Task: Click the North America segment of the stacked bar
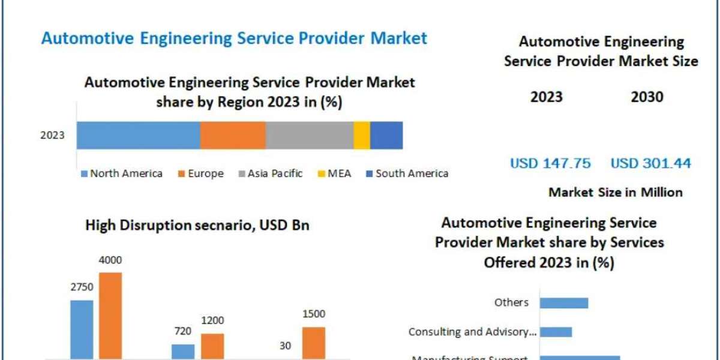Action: pos(139,135)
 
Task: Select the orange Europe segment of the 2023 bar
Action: pos(233,135)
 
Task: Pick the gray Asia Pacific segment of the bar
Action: pos(310,135)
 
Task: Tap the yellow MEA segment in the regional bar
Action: pos(362,135)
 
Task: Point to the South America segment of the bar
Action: pos(386,135)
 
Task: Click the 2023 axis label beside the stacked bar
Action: pos(52,136)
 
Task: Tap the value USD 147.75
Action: pos(550,163)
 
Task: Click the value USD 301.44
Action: pos(651,163)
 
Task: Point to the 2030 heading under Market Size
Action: pos(647,97)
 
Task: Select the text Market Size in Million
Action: pos(615,193)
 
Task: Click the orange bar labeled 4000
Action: pos(110,316)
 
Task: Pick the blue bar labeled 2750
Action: pos(82,329)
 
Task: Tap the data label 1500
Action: pos(314,314)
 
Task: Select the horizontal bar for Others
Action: pos(564,302)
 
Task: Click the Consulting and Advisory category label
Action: pos(473,332)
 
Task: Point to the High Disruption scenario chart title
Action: pos(197,226)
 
